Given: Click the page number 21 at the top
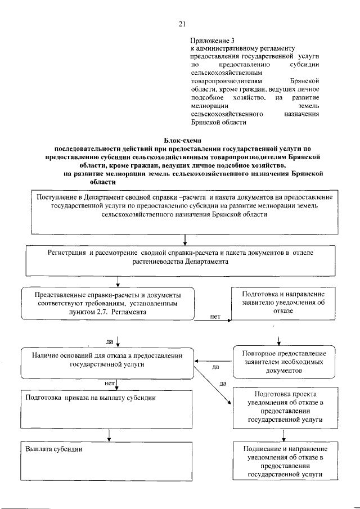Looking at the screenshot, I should coord(182,24).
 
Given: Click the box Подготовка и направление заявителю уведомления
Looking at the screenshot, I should coord(283,305).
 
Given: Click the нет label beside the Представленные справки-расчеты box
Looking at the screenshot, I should coord(214,317).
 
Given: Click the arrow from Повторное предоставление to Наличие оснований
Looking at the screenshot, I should coord(214,361).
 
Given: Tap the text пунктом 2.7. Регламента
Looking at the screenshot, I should coord(107,311).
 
